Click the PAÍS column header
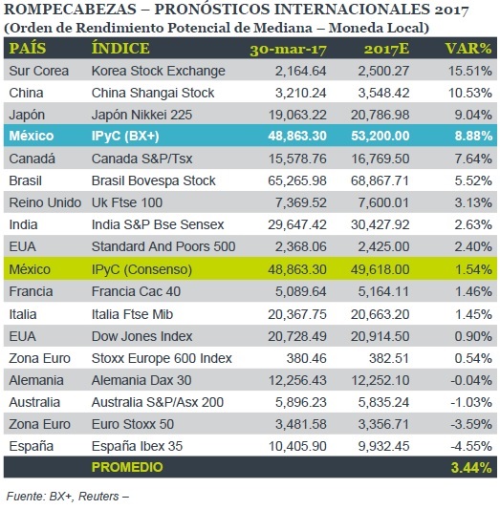[x=28, y=49]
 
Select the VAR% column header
[x=468, y=49]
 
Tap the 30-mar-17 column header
[x=288, y=50]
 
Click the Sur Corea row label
[x=38, y=71]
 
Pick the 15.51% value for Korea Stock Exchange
[x=469, y=71]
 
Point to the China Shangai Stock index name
[x=153, y=93]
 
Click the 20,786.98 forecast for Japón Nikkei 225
[x=380, y=115]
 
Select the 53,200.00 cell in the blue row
[x=380, y=136]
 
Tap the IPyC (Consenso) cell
[x=141, y=269]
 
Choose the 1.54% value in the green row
[x=473, y=269]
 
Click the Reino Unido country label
[x=45, y=202]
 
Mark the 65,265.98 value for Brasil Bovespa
[x=297, y=180]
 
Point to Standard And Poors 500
[x=163, y=246]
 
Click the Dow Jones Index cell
[x=142, y=336]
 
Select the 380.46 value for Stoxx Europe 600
[x=306, y=358]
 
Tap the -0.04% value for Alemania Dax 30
[x=471, y=380]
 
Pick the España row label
[x=32, y=446]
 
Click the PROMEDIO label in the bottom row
[x=127, y=467]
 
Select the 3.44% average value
[x=471, y=467]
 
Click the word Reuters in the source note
[x=98, y=497]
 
